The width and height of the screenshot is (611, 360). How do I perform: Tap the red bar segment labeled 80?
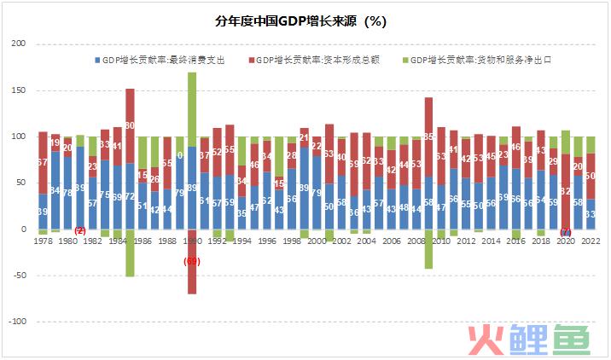coord(130,125)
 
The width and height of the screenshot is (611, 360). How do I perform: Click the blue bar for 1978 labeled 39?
coord(43,212)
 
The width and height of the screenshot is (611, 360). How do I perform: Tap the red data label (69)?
coord(192,260)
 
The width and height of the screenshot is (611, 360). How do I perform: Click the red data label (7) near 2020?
coord(565,233)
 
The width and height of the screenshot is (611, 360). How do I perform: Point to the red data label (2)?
coord(80,231)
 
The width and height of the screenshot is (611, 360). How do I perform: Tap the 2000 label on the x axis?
coord(317,241)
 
